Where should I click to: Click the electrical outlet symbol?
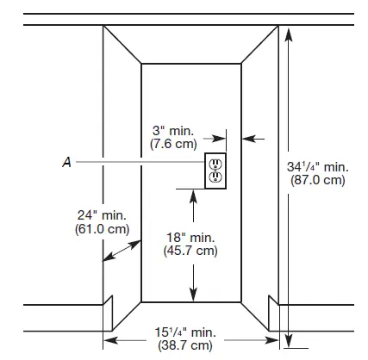pos(214,170)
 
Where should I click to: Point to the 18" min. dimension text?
pos(190,238)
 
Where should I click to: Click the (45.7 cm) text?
pos(190,251)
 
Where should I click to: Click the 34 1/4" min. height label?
pos(318,166)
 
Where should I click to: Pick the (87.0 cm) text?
pos(319,180)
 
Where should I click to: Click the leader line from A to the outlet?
pos(138,160)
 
